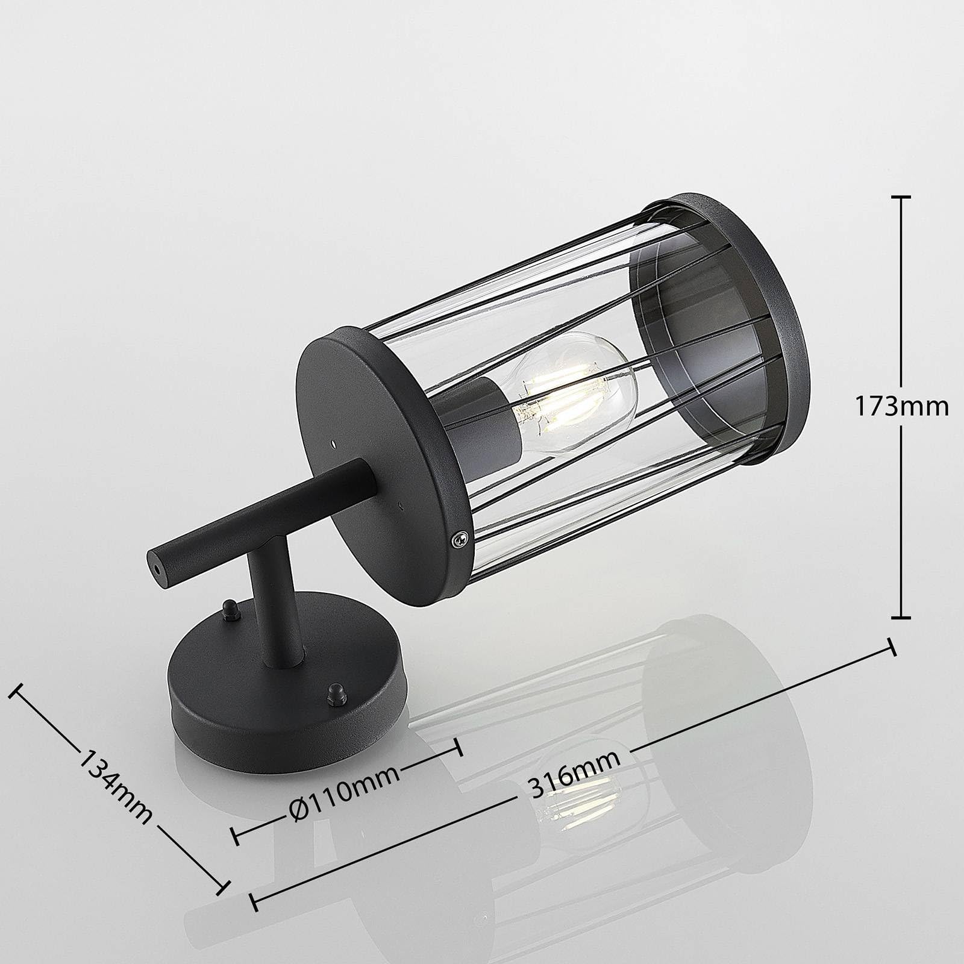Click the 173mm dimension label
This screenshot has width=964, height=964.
[902, 407]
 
